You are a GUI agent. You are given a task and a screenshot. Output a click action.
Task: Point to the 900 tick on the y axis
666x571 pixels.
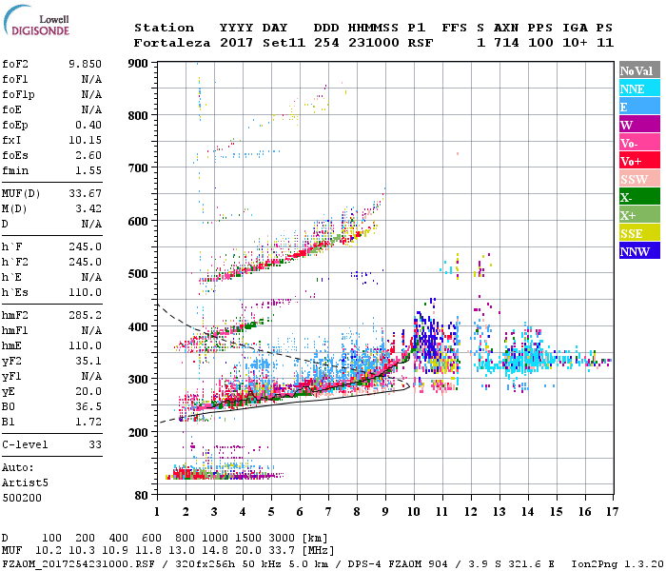tap(139, 63)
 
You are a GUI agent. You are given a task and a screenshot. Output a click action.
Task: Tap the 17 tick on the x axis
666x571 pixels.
tap(612, 512)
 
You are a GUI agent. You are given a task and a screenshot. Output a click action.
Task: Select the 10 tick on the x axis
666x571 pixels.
tap(413, 512)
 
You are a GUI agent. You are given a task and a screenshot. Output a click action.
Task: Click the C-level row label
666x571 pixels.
tap(25, 444)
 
